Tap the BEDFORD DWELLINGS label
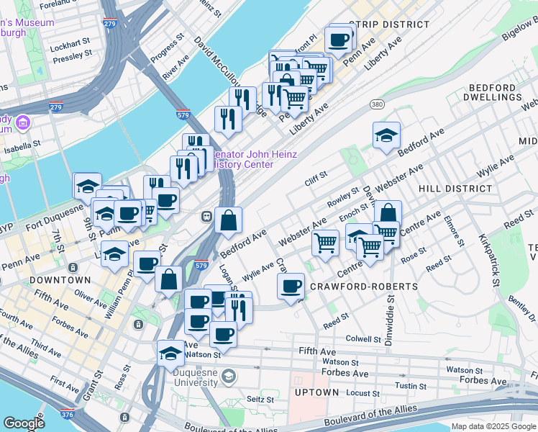click(x=492, y=91)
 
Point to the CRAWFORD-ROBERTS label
click(x=363, y=287)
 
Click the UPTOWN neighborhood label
click(x=316, y=392)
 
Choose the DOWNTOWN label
click(x=60, y=279)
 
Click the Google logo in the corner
click(x=24, y=423)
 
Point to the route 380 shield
click(x=376, y=104)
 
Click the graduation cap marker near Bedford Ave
click(x=386, y=135)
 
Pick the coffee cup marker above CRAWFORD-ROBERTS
click(x=291, y=287)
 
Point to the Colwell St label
click(x=363, y=338)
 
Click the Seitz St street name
click(x=260, y=399)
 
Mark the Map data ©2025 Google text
click(x=493, y=426)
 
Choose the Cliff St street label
click(x=316, y=174)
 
